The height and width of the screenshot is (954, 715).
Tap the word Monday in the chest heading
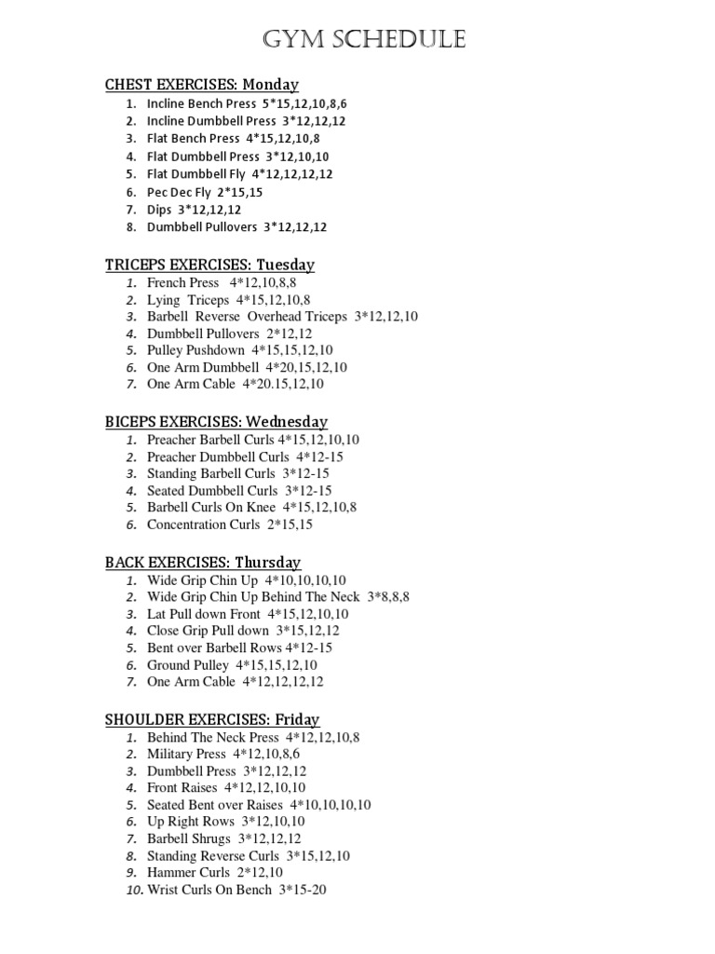tap(271, 85)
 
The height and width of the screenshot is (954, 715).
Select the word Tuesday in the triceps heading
tap(286, 265)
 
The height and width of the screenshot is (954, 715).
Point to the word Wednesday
tap(286, 422)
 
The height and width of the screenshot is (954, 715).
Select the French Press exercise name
tap(183, 282)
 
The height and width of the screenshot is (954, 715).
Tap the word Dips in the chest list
tap(159, 210)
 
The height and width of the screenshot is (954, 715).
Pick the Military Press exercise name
tap(186, 754)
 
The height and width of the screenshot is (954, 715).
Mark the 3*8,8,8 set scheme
tap(388, 597)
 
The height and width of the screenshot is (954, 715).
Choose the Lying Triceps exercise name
tap(188, 300)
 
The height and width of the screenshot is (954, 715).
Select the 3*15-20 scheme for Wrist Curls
tap(304, 890)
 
